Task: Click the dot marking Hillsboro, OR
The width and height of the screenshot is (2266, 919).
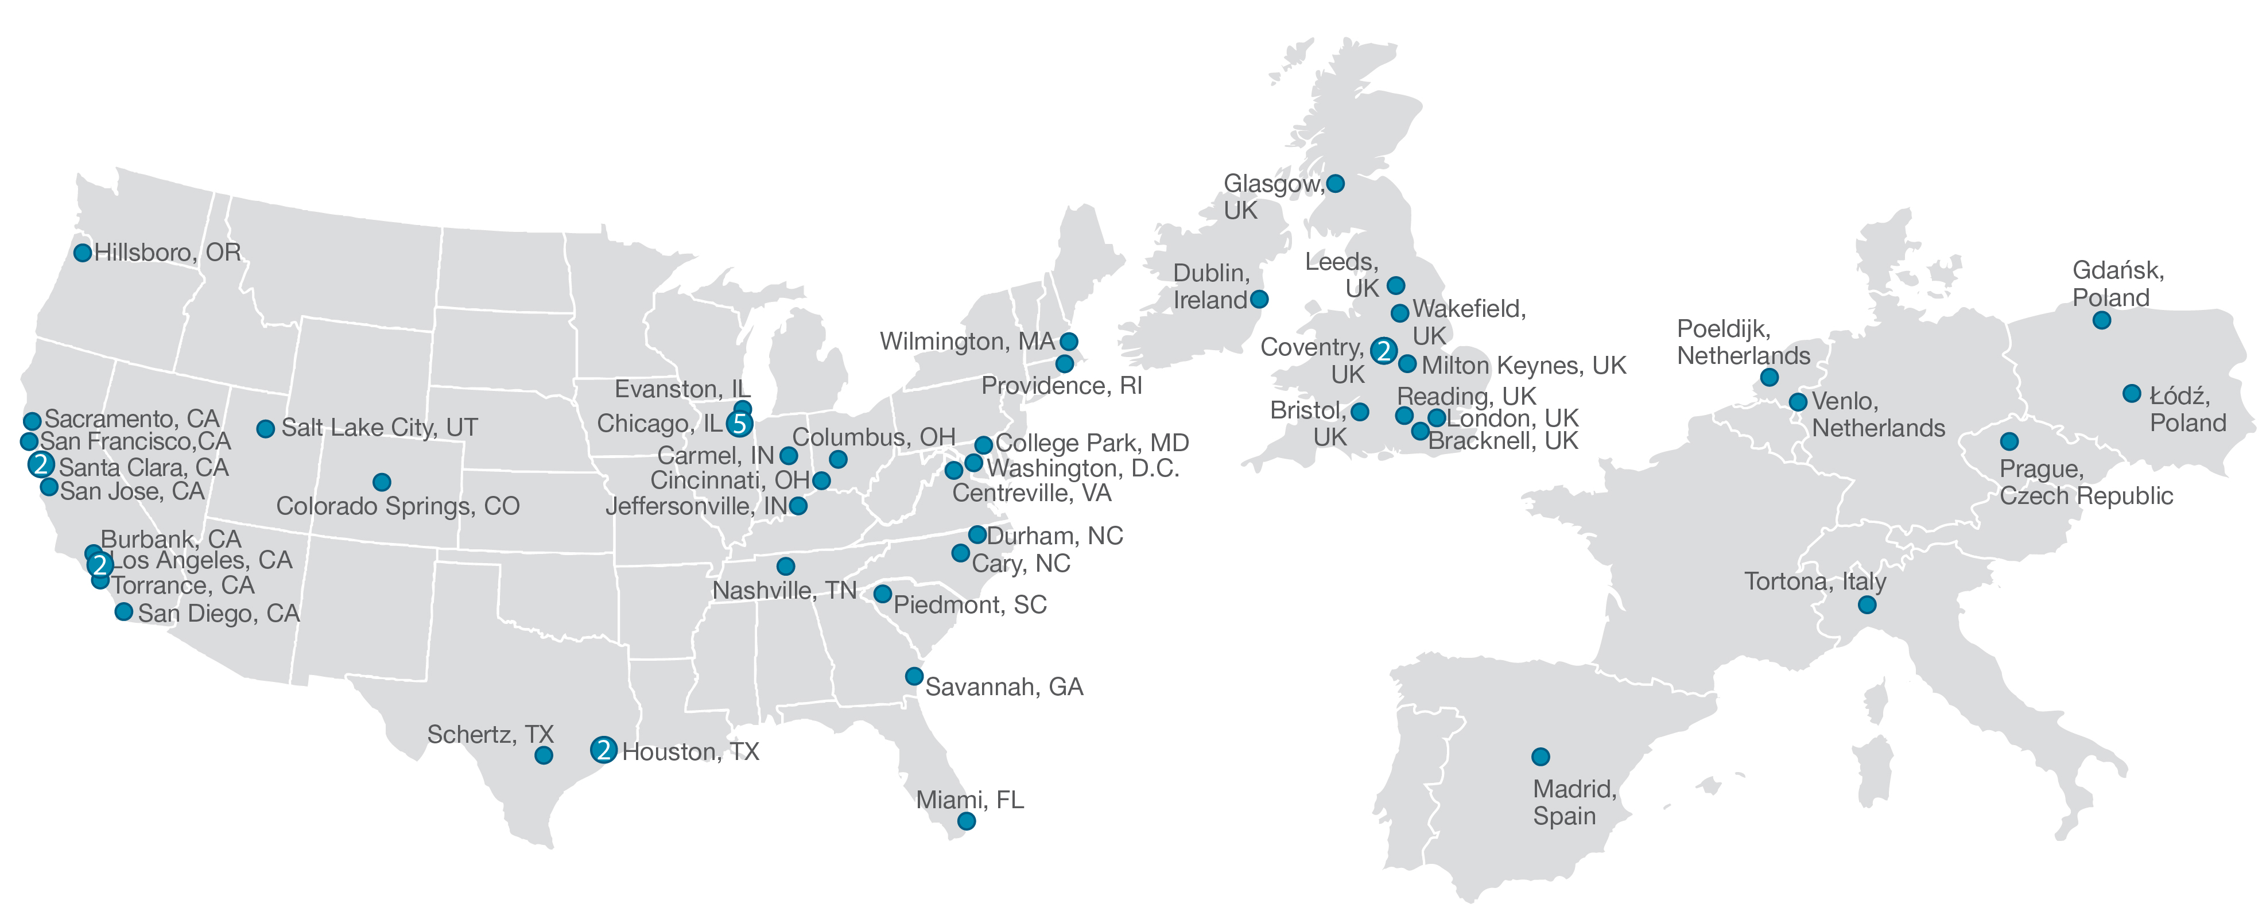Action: point(83,253)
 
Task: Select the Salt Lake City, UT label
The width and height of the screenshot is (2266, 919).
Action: point(379,428)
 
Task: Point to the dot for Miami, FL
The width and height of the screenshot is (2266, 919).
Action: point(966,821)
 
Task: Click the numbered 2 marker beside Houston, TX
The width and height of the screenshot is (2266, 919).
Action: point(603,750)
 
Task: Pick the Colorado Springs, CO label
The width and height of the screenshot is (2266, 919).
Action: point(398,506)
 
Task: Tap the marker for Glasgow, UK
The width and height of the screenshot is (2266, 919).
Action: point(1335,184)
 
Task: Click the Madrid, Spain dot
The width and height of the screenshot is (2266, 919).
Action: point(1541,757)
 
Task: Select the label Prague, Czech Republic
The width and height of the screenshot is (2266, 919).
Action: point(2085,483)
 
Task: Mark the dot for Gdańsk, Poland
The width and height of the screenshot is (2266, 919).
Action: point(2101,321)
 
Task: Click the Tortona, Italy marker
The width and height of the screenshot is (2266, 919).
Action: point(1867,605)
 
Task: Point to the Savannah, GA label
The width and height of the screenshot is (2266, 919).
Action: point(1004,688)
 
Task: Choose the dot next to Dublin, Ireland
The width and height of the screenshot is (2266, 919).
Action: point(1259,299)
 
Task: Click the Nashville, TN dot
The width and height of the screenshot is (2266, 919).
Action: point(786,567)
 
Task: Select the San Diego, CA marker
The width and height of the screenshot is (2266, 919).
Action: point(124,612)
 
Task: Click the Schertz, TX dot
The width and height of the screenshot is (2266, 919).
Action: point(544,755)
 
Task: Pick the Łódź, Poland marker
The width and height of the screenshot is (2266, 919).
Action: point(2132,394)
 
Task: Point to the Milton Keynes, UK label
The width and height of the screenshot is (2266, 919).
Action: point(1523,366)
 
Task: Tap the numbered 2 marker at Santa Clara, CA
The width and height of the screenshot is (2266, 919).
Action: point(40,465)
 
